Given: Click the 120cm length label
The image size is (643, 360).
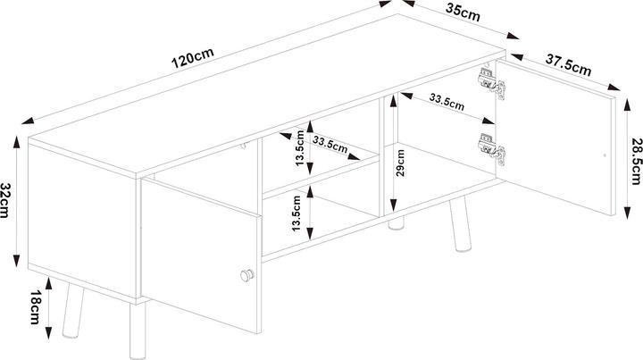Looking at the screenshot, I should (196, 60).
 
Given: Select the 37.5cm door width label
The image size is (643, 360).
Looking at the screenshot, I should (569, 64).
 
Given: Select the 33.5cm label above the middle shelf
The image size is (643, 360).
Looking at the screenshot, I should (330, 142).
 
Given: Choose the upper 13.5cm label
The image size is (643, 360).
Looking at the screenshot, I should (301, 155).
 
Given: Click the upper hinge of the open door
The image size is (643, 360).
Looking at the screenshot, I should (489, 80).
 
